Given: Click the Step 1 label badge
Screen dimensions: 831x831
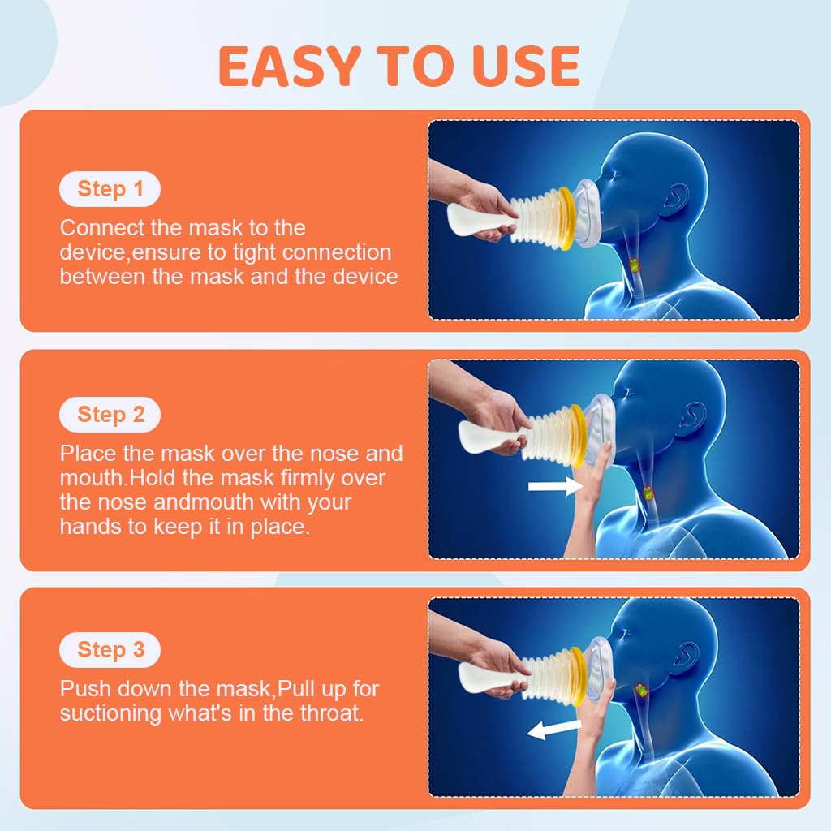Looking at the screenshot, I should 110,190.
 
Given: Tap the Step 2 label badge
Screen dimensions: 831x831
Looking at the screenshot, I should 110,415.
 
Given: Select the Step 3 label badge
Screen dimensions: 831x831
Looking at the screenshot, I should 110,650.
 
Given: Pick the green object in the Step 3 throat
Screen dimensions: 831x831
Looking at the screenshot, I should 642,691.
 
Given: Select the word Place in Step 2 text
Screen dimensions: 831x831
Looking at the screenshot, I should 85,454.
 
